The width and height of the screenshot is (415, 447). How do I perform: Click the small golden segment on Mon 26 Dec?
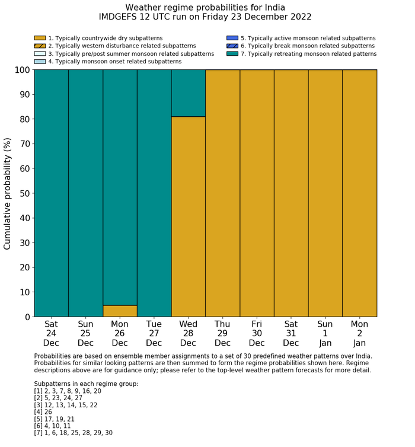120,311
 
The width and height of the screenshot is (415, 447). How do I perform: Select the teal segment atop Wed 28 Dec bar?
189,93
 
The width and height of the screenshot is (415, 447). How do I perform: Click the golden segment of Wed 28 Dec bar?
189,216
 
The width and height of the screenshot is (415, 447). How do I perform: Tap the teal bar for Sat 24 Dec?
51,193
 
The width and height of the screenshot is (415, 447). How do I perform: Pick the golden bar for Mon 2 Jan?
359,193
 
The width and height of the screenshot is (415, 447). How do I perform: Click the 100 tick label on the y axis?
21,70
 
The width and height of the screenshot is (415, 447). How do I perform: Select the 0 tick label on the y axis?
27,317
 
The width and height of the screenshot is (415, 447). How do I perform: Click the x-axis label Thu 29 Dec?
222,333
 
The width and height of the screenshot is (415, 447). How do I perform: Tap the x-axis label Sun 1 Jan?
325,333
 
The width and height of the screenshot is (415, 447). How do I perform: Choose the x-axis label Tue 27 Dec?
154,333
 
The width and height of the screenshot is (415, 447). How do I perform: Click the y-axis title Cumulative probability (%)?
8,193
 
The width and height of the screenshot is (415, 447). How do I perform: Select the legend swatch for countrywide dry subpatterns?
40,38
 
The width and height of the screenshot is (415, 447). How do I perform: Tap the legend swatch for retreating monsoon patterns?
232,54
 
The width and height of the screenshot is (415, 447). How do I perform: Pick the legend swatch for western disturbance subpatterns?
40,46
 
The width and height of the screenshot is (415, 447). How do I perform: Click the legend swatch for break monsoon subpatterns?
232,46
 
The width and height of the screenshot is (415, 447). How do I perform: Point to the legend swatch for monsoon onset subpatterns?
40,62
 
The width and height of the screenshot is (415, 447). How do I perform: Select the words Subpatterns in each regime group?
86,384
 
